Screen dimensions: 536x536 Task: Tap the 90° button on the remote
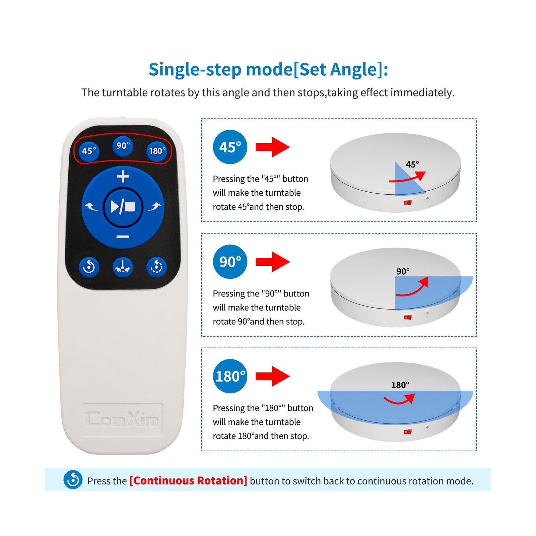coord(123,146)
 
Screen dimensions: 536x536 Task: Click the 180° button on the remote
coord(156,151)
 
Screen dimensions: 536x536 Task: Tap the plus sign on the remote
coord(123,176)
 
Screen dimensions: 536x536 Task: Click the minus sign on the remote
coord(123,237)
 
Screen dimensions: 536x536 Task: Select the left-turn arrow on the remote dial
coord(91,207)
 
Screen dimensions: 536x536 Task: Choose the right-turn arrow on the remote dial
coord(154,207)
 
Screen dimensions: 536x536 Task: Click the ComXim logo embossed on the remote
coord(123,419)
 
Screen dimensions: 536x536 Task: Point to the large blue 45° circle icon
coord(230,147)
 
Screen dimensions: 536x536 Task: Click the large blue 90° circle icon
coord(230,262)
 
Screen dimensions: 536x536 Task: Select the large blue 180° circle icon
coord(230,376)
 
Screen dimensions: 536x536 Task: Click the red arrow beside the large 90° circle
coord(273,262)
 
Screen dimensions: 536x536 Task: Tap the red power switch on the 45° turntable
coord(408,203)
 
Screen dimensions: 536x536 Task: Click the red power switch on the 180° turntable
coord(408,432)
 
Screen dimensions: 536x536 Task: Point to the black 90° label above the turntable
coord(403,271)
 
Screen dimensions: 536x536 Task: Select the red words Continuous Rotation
coord(188,481)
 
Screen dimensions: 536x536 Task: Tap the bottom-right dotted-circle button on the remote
coord(156,267)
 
